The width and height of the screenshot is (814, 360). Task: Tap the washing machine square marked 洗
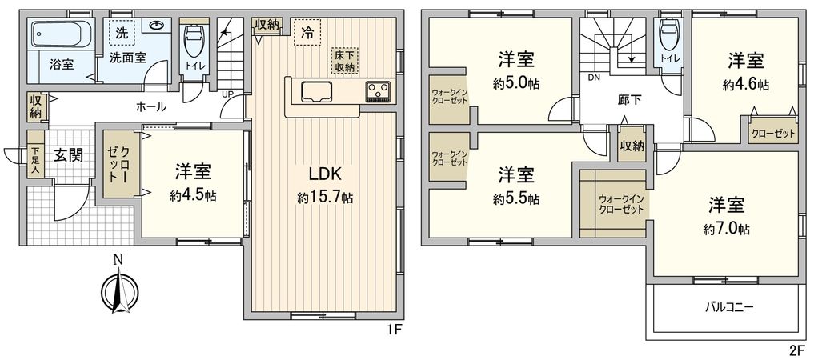(122, 34)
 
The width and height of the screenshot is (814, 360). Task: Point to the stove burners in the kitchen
(377, 91)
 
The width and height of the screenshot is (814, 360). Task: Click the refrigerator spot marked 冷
(307, 33)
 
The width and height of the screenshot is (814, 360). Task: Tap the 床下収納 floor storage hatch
(345, 61)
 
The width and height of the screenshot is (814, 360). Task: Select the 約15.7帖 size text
(324, 197)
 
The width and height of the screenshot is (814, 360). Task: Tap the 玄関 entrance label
(68, 155)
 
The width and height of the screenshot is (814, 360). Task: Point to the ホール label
(151, 106)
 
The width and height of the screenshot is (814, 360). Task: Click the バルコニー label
(729, 306)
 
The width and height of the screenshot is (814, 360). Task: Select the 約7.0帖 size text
(727, 229)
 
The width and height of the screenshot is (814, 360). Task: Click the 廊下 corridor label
(630, 101)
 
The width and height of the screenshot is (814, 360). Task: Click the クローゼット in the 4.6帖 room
(773, 134)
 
